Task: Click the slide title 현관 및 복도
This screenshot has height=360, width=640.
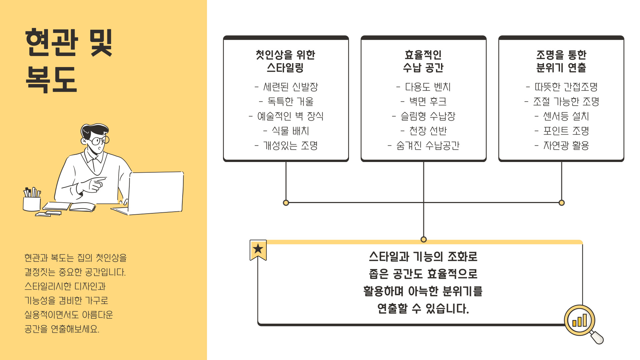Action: pos(69,61)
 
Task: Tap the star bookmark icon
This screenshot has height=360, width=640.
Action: pos(258,249)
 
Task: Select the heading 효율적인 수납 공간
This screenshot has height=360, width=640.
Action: pos(423,61)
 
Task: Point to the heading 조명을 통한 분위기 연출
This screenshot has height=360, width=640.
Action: pos(561,61)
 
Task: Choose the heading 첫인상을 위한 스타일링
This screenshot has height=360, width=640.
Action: pos(286,61)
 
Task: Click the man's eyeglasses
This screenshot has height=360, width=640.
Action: pos(99,140)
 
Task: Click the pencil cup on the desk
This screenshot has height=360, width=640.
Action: pos(32,201)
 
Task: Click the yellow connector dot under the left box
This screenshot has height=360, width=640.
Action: pos(286,203)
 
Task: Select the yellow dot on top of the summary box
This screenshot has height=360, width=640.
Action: pos(424,239)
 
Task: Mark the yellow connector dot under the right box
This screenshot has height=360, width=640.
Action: pos(562,203)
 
